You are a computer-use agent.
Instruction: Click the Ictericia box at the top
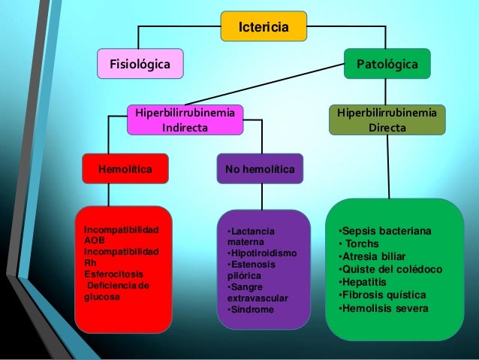coord(264,27)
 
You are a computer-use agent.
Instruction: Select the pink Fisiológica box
coord(140,64)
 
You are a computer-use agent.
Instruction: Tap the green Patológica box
coord(387,64)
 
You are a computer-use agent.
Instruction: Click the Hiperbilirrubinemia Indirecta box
coord(185,120)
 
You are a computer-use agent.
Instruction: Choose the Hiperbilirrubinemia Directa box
coord(387,120)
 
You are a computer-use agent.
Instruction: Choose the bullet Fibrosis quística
coord(382,295)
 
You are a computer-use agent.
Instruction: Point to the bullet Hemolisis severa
coord(383,308)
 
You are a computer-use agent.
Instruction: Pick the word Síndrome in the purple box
coord(253,310)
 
